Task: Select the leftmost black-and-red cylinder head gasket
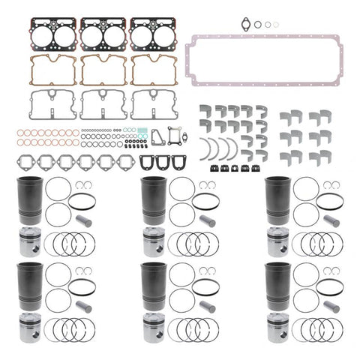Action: tap(52, 33)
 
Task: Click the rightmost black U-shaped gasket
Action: tap(178, 162)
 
